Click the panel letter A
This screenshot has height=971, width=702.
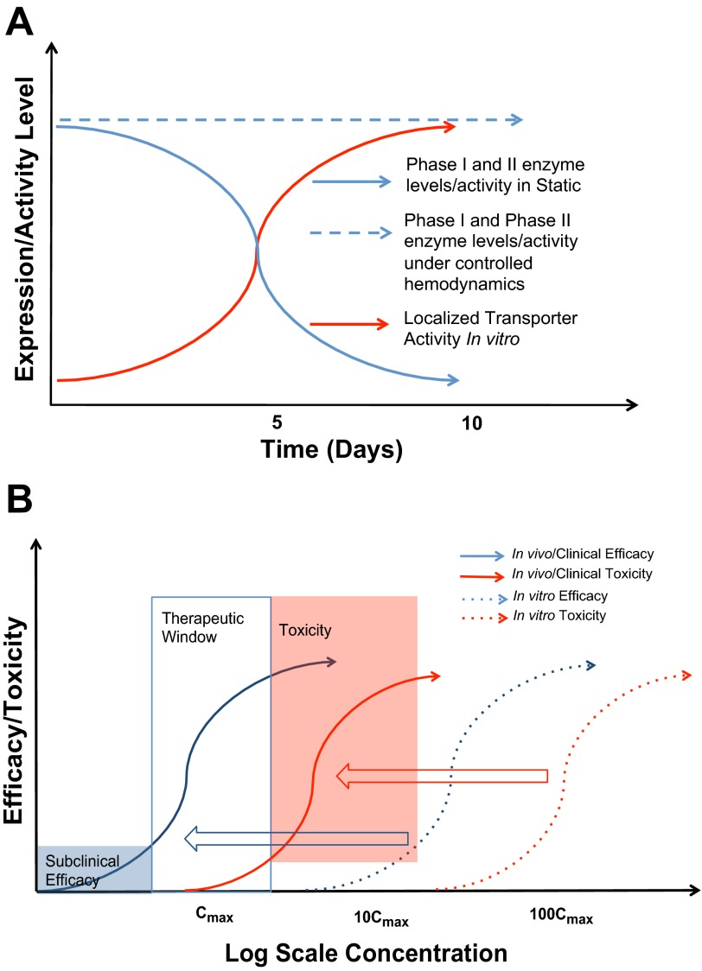coord(20,19)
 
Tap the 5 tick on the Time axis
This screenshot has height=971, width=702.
coord(277,423)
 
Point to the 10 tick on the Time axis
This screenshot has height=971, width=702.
coord(470,423)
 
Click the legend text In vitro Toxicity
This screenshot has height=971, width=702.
coord(561,615)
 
